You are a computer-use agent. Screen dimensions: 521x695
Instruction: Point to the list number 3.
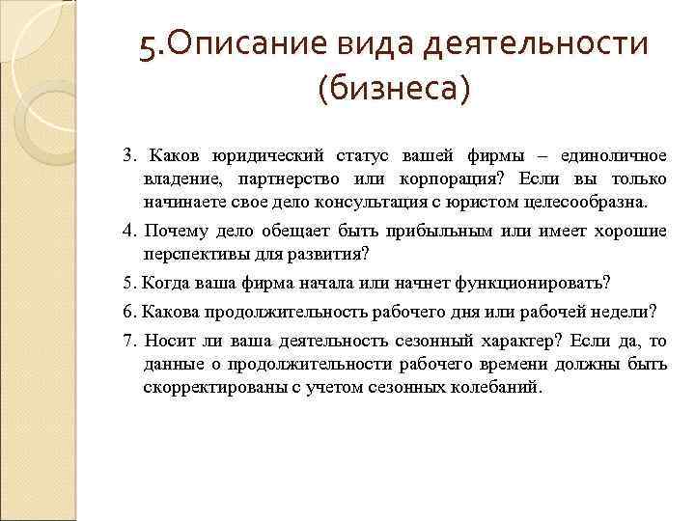(x=127, y=155)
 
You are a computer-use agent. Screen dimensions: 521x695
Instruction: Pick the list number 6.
(x=127, y=311)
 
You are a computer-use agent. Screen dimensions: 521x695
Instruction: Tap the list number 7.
(x=127, y=341)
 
